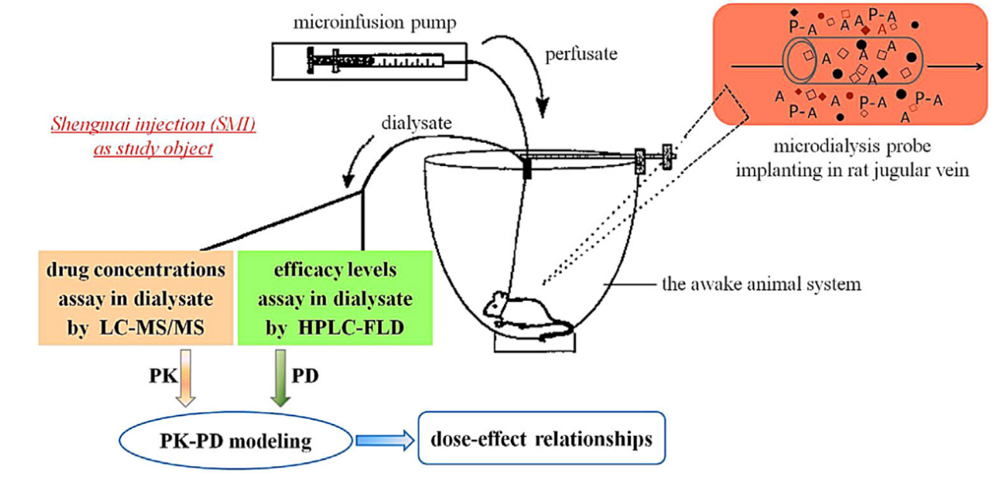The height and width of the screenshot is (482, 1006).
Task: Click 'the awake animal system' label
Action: pyautogui.click(x=761, y=283)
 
